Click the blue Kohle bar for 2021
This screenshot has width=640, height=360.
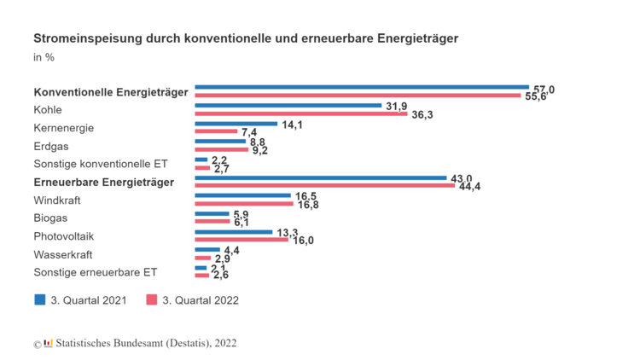(x=288, y=105)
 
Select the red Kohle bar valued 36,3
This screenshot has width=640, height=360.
(x=300, y=113)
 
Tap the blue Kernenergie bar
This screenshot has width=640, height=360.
(x=236, y=124)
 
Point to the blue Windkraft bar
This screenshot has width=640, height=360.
(x=243, y=195)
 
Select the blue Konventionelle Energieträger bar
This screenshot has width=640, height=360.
(x=362, y=87)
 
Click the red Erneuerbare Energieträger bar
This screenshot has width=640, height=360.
(x=325, y=185)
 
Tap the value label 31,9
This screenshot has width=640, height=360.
(x=396, y=106)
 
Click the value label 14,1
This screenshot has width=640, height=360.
(x=292, y=125)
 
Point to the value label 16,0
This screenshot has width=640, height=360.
(x=304, y=241)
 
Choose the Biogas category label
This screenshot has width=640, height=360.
(x=50, y=218)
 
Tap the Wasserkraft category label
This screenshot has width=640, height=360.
(x=62, y=254)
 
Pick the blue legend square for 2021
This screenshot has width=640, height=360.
(x=39, y=299)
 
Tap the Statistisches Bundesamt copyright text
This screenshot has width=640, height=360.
(x=145, y=343)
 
